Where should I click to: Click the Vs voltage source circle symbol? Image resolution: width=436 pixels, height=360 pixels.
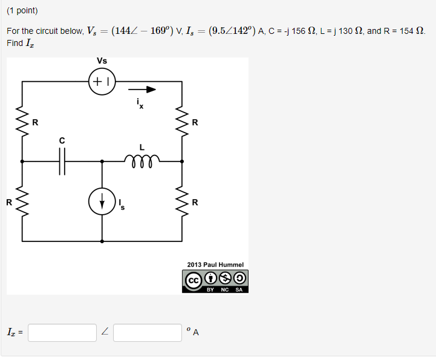[x=102, y=82]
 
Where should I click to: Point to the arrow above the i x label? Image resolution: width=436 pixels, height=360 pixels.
[x=142, y=90]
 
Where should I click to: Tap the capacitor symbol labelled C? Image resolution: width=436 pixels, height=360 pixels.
[x=62, y=162]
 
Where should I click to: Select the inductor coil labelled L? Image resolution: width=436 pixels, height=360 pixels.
[x=142, y=160]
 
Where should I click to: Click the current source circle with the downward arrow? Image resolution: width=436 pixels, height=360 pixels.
[x=102, y=202]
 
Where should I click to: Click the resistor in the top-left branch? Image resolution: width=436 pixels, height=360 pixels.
[x=23, y=122]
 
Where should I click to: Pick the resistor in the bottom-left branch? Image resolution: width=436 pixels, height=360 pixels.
[x=23, y=201]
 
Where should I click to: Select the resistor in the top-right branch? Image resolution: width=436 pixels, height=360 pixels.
[x=181, y=122]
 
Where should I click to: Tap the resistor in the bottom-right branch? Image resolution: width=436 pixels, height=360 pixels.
[x=181, y=201]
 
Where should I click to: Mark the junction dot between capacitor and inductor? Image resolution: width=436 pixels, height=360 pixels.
[x=102, y=162]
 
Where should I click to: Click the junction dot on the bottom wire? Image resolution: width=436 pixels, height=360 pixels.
[x=102, y=241]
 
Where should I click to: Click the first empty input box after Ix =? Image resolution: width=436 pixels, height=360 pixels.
[x=62, y=332]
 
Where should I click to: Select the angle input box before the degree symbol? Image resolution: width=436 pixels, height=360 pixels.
[x=148, y=332]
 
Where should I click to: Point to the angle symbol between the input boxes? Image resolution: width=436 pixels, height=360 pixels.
[x=105, y=332]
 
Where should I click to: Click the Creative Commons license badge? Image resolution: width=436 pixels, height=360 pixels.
[x=215, y=281]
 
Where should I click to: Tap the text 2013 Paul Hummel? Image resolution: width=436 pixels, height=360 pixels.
[x=215, y=264]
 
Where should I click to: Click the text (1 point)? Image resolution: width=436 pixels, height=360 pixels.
[x=22, y=11]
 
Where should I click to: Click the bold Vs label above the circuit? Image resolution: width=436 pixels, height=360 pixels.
[x=102, y=61]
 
